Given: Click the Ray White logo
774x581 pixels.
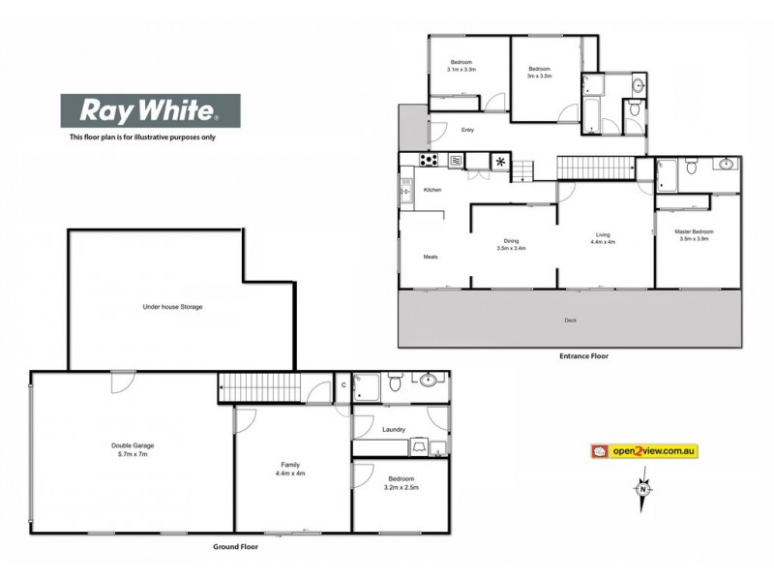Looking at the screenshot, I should [x=151, y=111].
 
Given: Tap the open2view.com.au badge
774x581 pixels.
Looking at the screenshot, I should [x=644, y=450].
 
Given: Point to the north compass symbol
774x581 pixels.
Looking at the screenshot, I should [x=642, y=490].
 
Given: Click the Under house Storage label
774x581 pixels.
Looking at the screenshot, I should [x=173, y=307].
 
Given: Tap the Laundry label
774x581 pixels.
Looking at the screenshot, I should [x=393, y=429].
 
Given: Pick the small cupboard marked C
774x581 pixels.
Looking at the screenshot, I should [x=343, y=385].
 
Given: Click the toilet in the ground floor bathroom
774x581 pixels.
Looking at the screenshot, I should [x=395, y=384].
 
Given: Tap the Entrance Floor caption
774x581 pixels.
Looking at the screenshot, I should [x=583, y=355].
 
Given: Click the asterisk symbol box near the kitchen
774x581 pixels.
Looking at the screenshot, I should [x=500, y=162].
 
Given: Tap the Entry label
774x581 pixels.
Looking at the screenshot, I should [x=467, y=130].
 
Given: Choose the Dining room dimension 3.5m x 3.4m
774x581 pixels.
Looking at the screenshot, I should [x=512, y=249].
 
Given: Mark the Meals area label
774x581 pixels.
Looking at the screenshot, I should [x=431, y=257].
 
